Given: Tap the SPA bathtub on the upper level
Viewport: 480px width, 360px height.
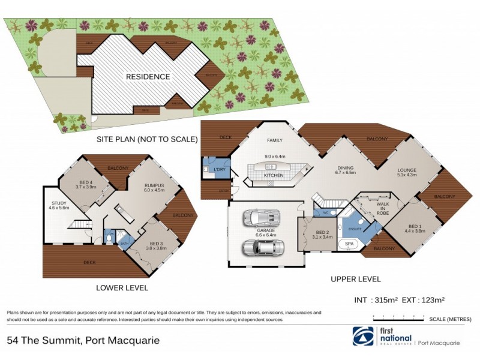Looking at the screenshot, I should [x=348, y=244].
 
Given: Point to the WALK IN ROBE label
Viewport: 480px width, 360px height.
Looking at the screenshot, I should [x=383, y=208].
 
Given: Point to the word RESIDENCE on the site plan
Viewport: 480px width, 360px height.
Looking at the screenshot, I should [x=147, y=77].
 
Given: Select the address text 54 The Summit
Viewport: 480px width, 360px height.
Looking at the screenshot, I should [x=41, y=340].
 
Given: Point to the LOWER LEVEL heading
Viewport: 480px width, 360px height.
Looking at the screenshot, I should [x=122, y=288].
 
